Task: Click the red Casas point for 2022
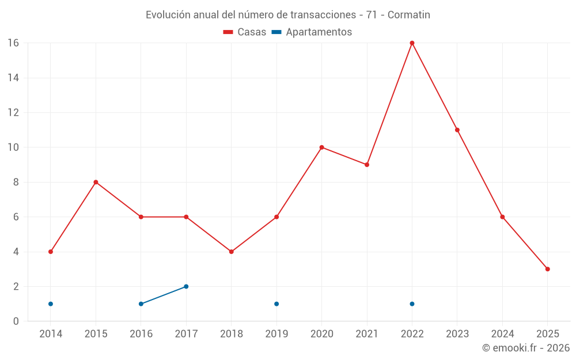tap(412, 43)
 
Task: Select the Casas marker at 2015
tap(96, 182)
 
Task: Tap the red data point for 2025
tap(547, 269)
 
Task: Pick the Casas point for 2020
tap(321, 147)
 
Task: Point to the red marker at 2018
tap(231, 252)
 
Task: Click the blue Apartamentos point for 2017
tap(186, 286)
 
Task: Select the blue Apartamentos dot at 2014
tap(51, 304)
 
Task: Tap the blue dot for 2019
tap(276, 304)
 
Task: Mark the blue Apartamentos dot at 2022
tap(412, 304)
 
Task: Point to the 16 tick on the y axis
tap(13, 43)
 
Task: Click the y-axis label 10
tap(13, 147)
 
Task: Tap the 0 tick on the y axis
tap(16, 321)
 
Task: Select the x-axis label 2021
tap(367, 334)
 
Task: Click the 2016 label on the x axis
tap(141, 334)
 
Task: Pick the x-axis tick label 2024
tap(502, 334)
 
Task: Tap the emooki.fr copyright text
tap(525, 348)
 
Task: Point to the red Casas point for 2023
tap(457, 130)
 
